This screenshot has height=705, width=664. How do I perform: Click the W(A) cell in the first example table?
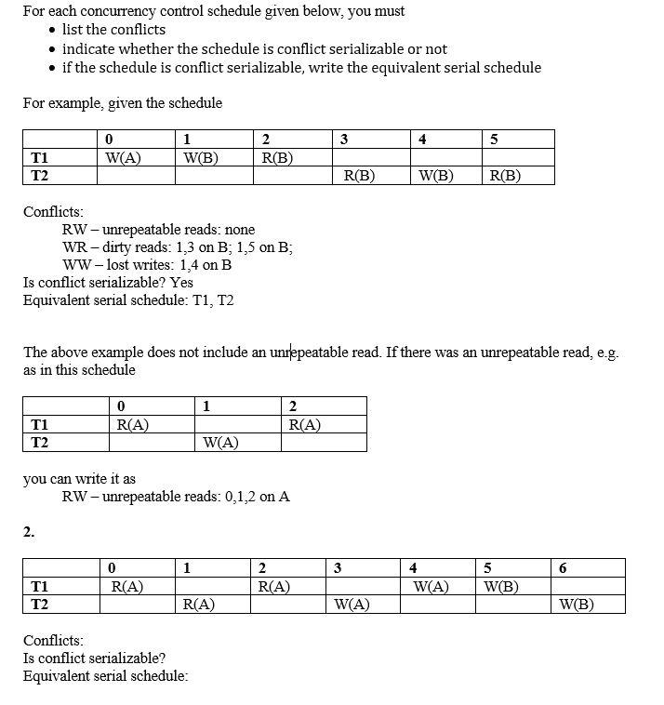coord(124,157)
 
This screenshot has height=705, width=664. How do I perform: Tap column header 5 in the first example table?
coord(494,140)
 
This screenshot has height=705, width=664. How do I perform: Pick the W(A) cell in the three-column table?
coord(220,443)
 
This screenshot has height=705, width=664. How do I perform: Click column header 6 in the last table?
coord(563,568)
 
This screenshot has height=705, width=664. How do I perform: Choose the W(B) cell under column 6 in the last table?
coord(577,605)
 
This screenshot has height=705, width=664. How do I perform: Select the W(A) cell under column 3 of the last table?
coord(352,605)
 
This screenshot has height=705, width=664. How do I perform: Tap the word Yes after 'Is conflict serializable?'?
coord(182,282)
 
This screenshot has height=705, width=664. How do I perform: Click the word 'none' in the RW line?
coord(237,229)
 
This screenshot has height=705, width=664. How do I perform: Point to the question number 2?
coord(29,532)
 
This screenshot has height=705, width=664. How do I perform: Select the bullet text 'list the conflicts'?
coord(113,30)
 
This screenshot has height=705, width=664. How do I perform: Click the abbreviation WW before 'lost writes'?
coord(75,264)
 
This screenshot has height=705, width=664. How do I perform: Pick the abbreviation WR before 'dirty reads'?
coord(74,246)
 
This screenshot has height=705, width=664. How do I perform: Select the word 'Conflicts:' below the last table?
coord(53,640)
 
